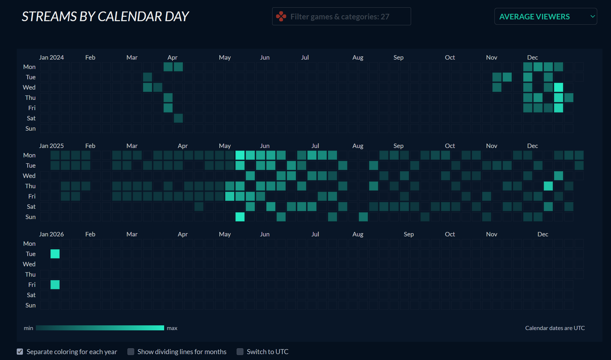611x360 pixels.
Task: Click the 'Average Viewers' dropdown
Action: (x=545, y=16)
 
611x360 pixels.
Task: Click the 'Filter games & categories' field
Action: (x=341, y=16)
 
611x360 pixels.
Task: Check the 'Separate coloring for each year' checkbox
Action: (x=20, y=351)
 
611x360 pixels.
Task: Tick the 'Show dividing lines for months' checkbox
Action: (x=131, y=351)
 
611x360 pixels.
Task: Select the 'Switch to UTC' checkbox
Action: (x=240, y=351)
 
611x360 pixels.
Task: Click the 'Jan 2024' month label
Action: (x=51, y=58)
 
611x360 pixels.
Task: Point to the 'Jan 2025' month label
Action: (x=51, y=146)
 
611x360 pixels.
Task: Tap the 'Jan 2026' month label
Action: (x=51, y=234)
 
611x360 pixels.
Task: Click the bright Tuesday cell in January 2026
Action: (x=55, y=254)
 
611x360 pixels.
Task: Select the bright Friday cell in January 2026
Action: (x=55, y=285)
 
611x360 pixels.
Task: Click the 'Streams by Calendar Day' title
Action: (x=105, y=16)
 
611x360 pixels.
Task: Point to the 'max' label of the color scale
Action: (x=172, y=328)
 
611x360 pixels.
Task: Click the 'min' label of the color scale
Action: (x=28, y=328)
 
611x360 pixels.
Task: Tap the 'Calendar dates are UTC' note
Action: (x=555, y=328)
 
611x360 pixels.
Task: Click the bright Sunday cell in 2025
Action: (x=240, y=217)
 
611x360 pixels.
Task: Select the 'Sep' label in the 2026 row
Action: (x=408, y=234)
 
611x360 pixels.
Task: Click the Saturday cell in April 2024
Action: (x=178, y=118)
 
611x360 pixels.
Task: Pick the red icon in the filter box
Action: (x=281, y=16)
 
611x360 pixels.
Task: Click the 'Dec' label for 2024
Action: (x=532, y=58)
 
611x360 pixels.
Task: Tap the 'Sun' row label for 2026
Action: (x=31, y=305)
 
